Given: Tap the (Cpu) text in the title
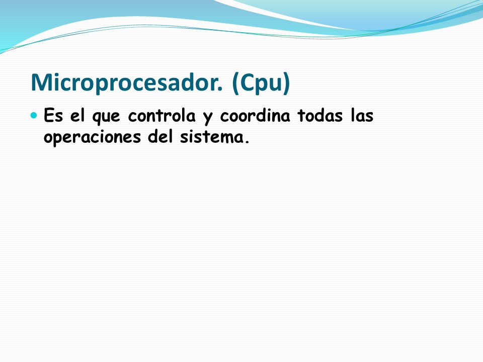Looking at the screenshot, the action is [261, 83].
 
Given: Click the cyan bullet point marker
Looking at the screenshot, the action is [34, 116].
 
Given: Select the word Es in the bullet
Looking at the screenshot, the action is [53, 116].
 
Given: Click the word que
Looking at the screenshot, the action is [106, 117].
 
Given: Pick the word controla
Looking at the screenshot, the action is [162, 116].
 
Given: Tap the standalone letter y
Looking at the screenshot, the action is [208, 118].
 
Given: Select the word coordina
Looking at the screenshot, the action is [255, 116].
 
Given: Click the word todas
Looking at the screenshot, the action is [320, 116].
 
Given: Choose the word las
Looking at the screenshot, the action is [362, 116].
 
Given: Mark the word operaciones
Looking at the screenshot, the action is [92, 137].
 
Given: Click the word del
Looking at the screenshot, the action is [160, 137].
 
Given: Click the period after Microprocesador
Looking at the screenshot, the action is [220, 89].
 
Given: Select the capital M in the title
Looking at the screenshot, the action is [40, 82].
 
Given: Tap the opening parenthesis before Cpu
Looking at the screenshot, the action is [235, 83].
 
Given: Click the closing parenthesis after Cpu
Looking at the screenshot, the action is [286, 83].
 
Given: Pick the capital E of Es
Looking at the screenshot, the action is [49, 116].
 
